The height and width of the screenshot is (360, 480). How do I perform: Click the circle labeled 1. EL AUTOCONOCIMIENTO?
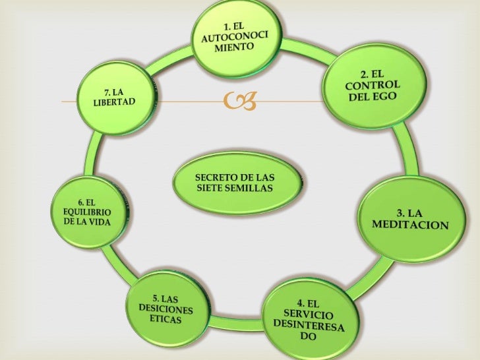tap(235, 38)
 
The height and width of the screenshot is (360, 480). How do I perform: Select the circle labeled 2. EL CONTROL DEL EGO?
tap(374, 86)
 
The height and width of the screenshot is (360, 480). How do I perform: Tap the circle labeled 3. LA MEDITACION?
tap(411, 219)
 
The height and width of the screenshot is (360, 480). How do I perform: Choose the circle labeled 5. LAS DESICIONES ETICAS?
tap(167, 309)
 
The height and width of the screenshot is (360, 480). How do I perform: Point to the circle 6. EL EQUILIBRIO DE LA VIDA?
tap(88, 212)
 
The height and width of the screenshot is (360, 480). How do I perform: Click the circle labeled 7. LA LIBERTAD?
tap(115, 97)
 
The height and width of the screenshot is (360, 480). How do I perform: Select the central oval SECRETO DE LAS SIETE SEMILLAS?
tap(236, 183)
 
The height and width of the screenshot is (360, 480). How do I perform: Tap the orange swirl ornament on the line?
tap(239, 101)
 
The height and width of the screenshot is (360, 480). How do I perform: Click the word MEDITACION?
tap(410, 225)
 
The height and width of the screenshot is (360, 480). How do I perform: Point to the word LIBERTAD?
tap(114, 102)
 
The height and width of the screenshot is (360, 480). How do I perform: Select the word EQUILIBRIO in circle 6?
tap(87, 212)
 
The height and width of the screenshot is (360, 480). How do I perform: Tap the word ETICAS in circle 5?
tap(165, 319)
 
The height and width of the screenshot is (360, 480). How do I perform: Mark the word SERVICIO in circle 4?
tap(309, 315)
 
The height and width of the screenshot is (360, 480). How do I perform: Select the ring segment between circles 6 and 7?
tap(91, 154)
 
